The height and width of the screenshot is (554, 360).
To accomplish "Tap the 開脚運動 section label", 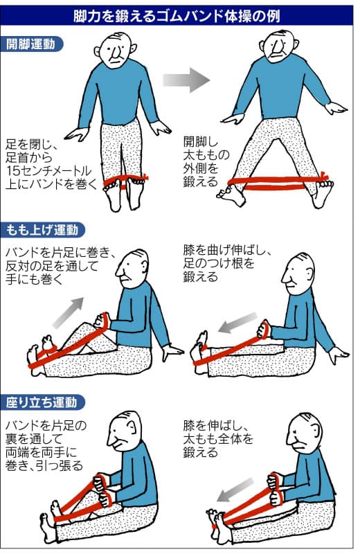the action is click(x=31, y=44).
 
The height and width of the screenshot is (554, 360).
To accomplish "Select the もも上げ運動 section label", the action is click(x=42, y=230).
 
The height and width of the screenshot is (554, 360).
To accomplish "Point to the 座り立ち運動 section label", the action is click(x=42, y=402).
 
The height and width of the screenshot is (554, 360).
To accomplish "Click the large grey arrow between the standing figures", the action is click(x=186, y=80).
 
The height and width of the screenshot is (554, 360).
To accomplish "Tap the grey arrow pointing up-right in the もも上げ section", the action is click(x=69, y=312).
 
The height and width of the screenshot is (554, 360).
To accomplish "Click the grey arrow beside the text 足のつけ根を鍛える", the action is click(x=237, y=322).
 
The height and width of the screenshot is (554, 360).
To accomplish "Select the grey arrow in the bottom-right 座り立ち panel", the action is click(x=235, y=490).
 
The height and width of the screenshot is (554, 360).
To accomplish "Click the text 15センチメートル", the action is click(x=48, y=170).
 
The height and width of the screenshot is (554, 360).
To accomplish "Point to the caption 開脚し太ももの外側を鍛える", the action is click(x=206, y=161).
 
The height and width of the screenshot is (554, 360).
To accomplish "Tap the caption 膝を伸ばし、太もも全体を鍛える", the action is click(x=218, y=438).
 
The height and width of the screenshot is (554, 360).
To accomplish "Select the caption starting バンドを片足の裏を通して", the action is click(x=46, y=445).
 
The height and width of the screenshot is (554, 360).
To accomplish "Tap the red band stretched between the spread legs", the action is click(x=278, y=182).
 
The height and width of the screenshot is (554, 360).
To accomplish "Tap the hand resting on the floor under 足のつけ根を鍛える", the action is click(x=338, y=355).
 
